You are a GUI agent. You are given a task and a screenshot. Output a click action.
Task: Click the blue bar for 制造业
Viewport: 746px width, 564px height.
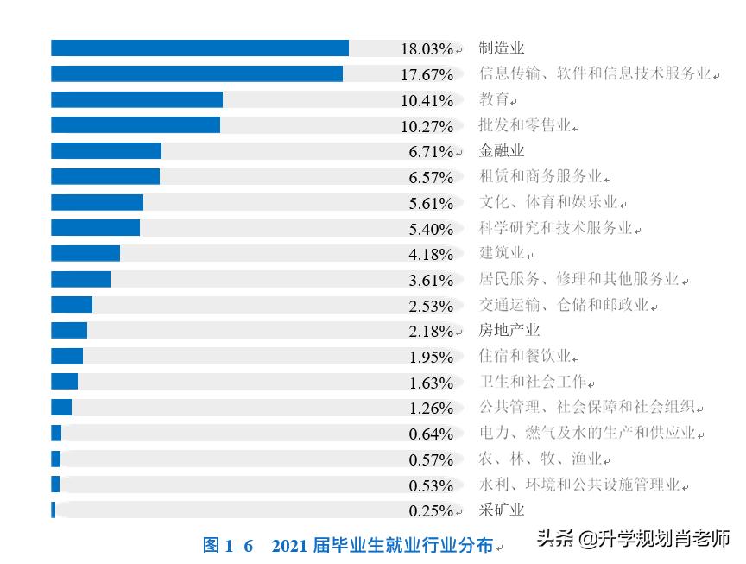pyautogui.click(x=199, y=48)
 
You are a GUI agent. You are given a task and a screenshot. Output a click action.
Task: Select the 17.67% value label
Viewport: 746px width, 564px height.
pyautogui.click(x=427, y=75)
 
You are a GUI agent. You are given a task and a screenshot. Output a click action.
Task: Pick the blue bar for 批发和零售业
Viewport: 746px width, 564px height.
pyautogui.click(x=136, y=125)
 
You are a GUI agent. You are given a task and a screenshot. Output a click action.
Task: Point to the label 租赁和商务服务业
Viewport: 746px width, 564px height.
pyautogui.click(x=541, y=177)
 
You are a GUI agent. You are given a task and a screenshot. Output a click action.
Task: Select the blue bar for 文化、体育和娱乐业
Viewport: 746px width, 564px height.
pyautogui.click(x=97, y=203)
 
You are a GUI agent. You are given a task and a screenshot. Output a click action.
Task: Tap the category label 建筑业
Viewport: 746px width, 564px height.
pyautogui.click(x=502, y=254)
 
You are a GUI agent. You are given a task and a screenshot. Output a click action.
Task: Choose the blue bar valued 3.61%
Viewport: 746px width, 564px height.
pyautogui.click(x=80, y=280)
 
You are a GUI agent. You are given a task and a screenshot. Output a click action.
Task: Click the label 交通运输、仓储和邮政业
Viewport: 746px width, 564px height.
pyautogui.click(x=565, y=306)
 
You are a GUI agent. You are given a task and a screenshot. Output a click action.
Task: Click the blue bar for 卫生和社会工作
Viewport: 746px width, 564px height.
pyautogui.click(x=64, y=382)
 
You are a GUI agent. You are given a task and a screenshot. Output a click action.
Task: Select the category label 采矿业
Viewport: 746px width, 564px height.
pyautogui.click(x=502, y=510)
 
